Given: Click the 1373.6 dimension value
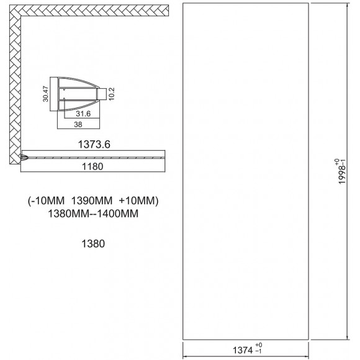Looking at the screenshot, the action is pos(94,145).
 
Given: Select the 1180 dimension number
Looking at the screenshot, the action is pos(92,166).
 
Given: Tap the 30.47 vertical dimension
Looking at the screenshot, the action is pos(46,94).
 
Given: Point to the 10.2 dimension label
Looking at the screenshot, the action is pos(112,94).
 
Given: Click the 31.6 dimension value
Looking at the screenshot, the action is pos(83,114).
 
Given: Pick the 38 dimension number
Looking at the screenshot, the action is pos(78,124).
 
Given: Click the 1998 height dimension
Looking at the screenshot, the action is pos(342,171).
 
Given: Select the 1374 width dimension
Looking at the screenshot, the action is pos(243,350).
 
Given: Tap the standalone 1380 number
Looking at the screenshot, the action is pos(93,243).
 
